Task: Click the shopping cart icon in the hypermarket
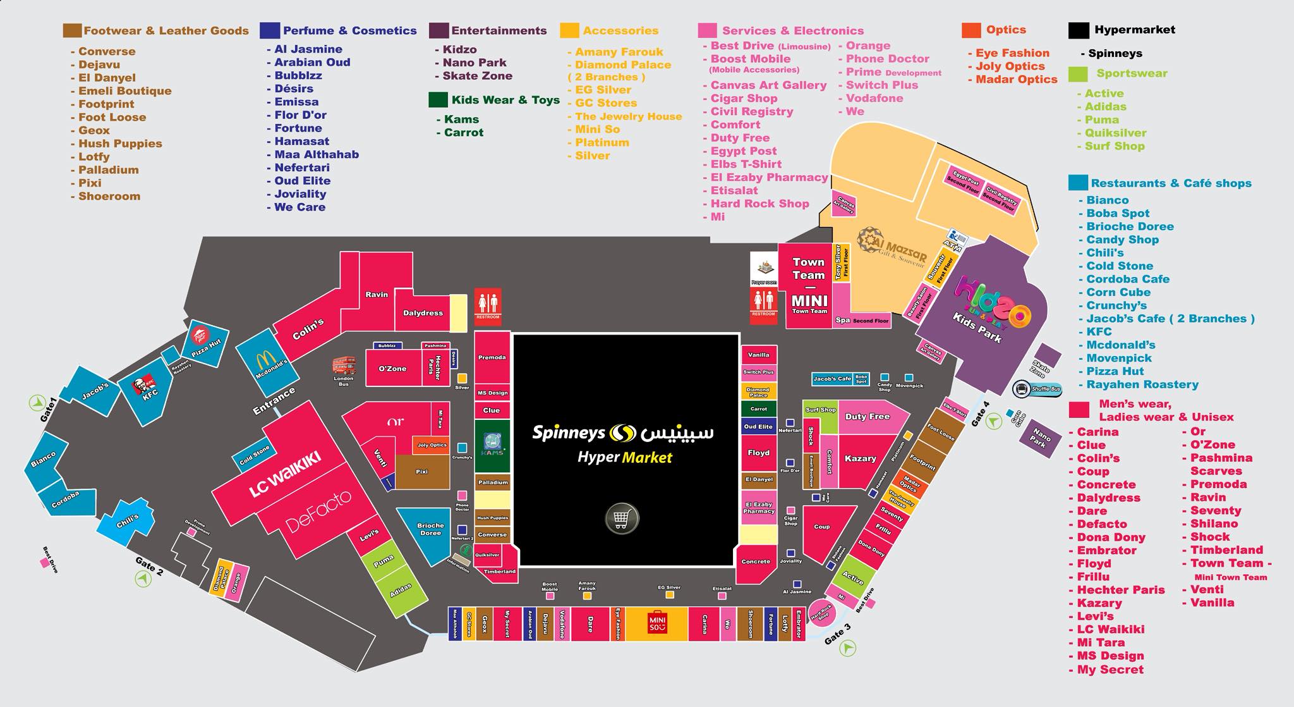pyautogui.click(x=622, y=519)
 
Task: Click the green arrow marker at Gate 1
pyautogui.click(x=37, y=402)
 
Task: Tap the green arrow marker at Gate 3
pyautogui.click(x=847, y=648)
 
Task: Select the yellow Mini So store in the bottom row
pyautogui.click(x=657, y=624)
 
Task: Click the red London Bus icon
pyautogui.click(x=344, y=366)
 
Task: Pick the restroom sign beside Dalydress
pyautogui.click(x=488, y=305)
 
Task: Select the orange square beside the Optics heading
pyautogui.click(x=970, y=30)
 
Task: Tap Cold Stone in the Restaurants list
pyautogui.click(x=1119, y=266)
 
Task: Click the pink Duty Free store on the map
pyautogui.click(x=866, y=417)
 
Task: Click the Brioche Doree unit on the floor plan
pyautogui.click(x=430, y=529)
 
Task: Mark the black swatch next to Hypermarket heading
pyautogui.click(x=1079, y=30)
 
